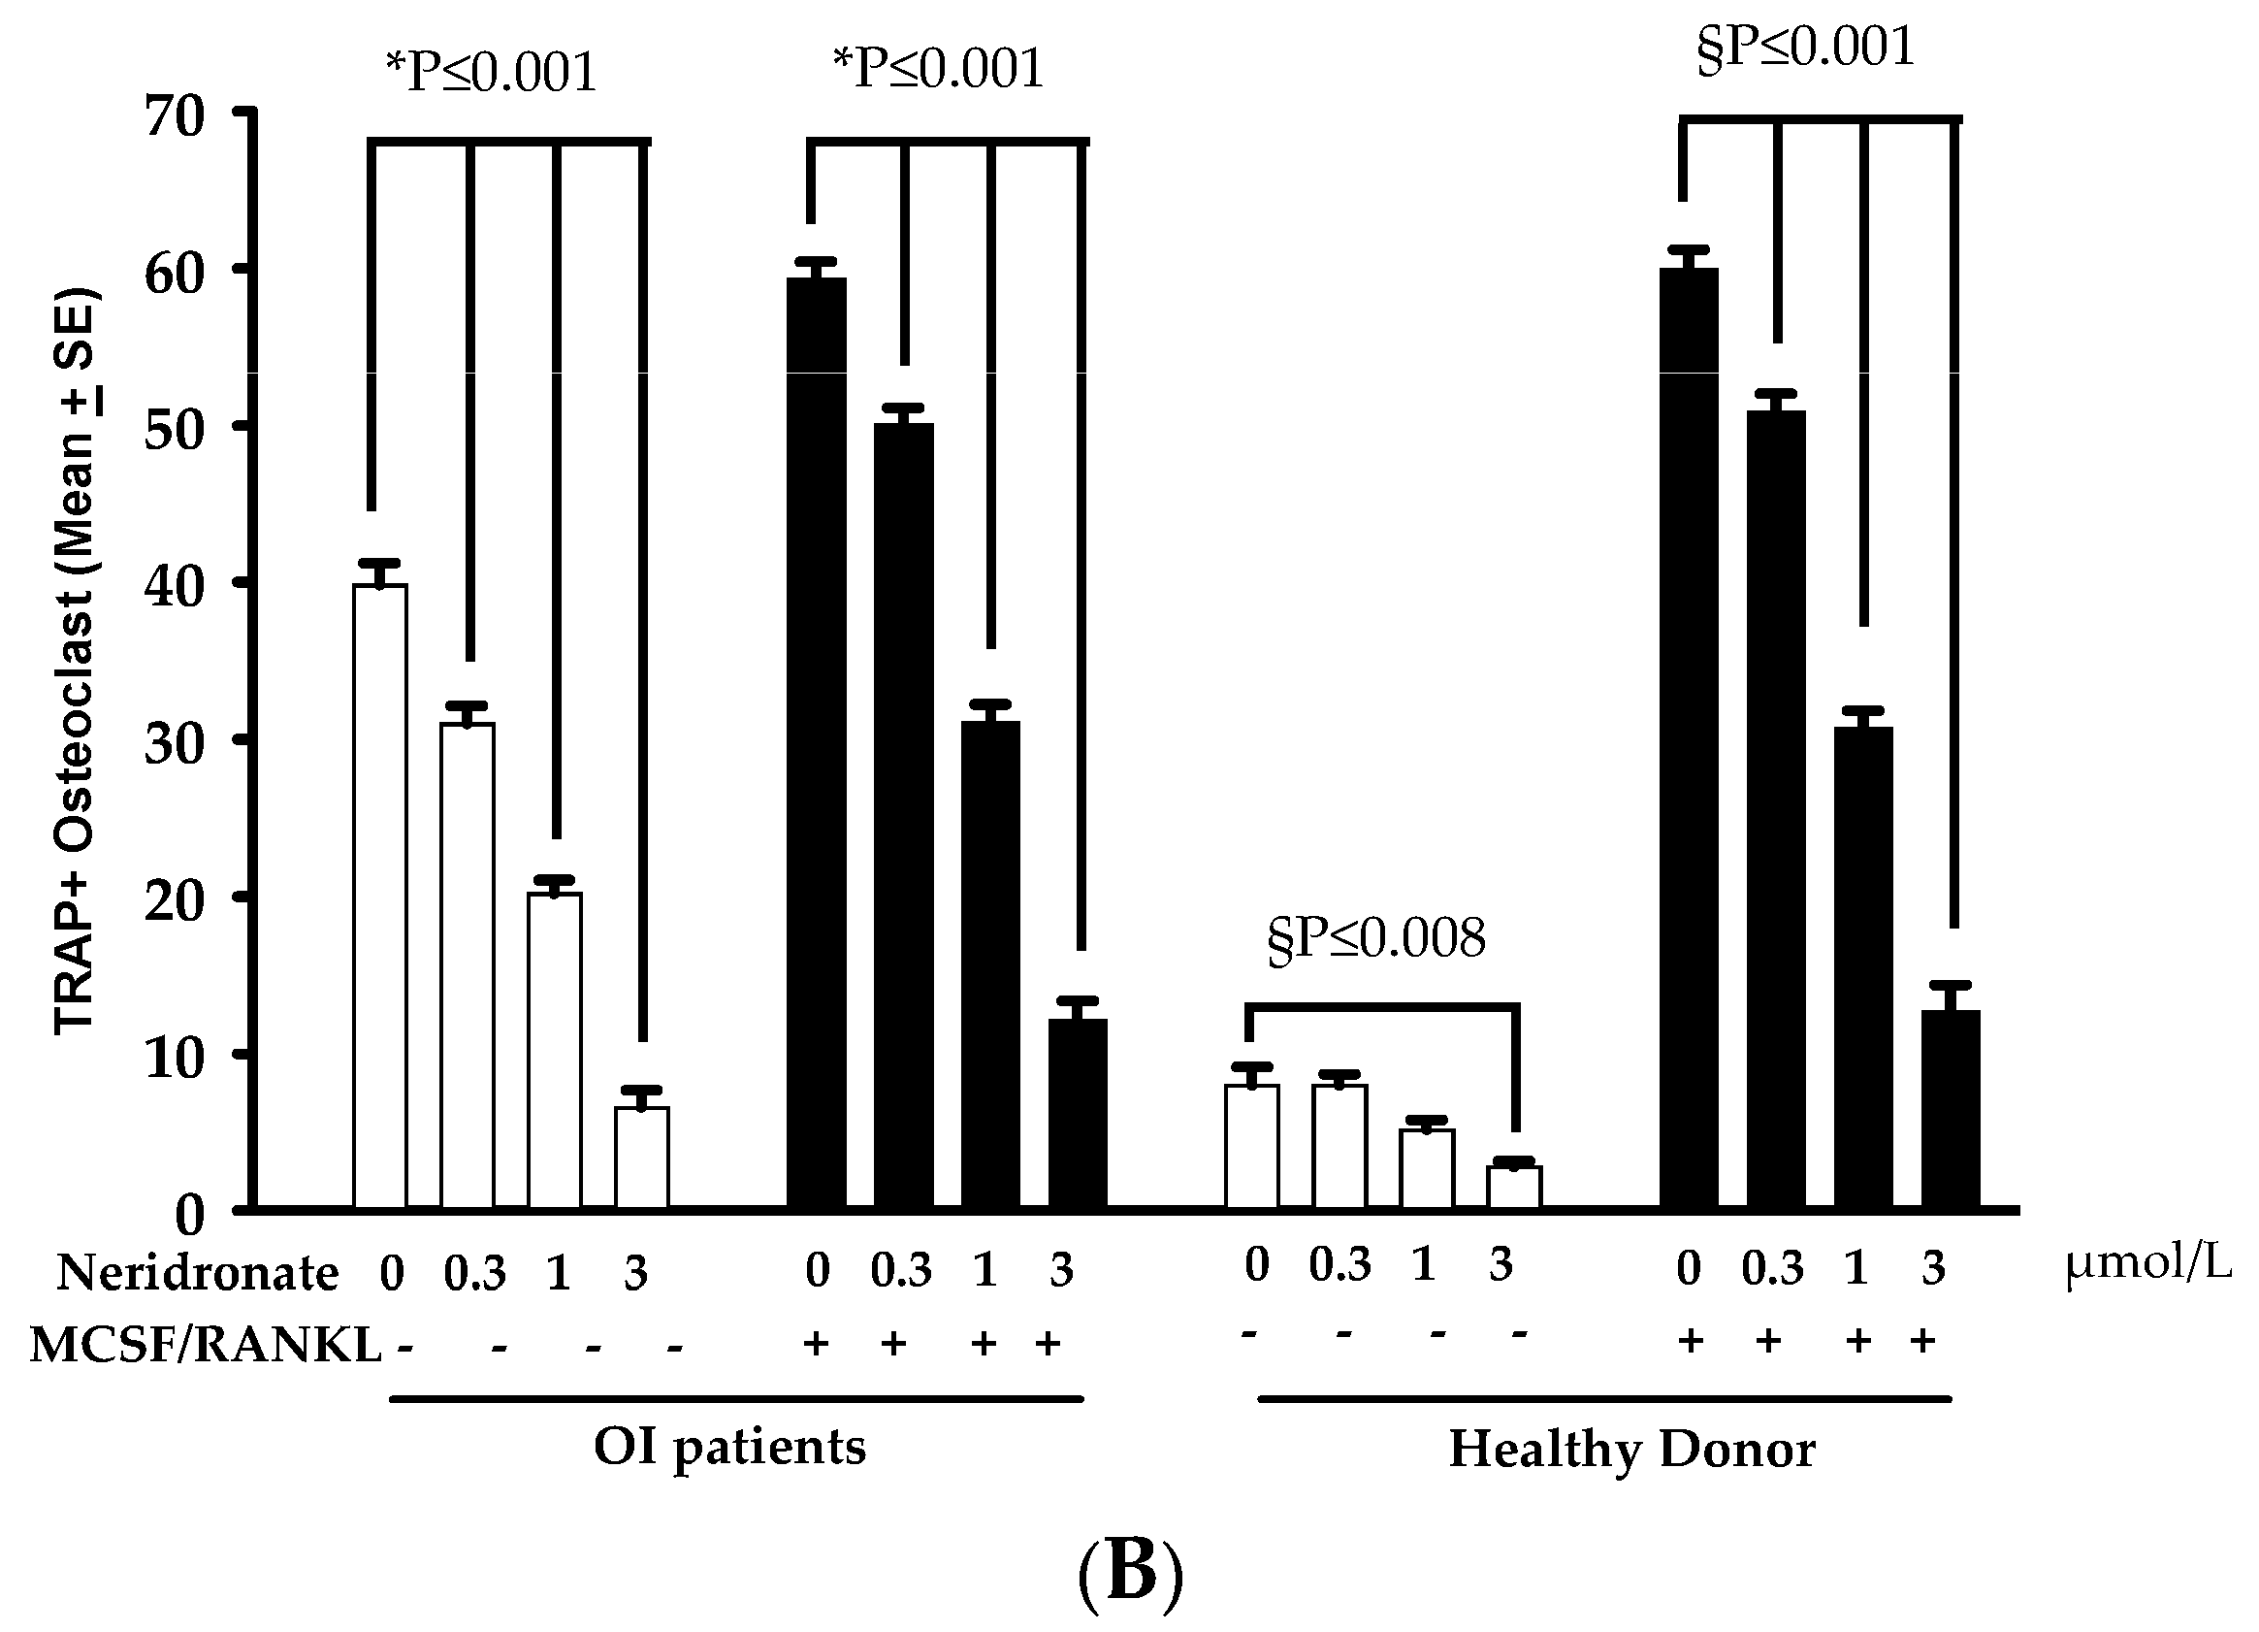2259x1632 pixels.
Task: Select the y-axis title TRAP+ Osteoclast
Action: coord(75,663)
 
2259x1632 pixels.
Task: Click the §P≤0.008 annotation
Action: coord(1375,938)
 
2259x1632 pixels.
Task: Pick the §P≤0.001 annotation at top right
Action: coord(1805,47)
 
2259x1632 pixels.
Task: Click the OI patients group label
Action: coord(730,1446)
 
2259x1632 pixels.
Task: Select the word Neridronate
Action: coord(197,1273)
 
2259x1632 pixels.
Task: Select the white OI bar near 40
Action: coord(379,897)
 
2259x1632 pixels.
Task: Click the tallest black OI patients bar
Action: coord(817,743)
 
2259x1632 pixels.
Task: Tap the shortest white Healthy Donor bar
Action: coord(1514,1188)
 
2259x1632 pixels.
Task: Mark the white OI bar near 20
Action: coord(554,1051)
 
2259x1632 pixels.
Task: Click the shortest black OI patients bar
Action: coord(1078,1114)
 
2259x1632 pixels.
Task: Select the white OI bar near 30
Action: coord(468,966)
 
